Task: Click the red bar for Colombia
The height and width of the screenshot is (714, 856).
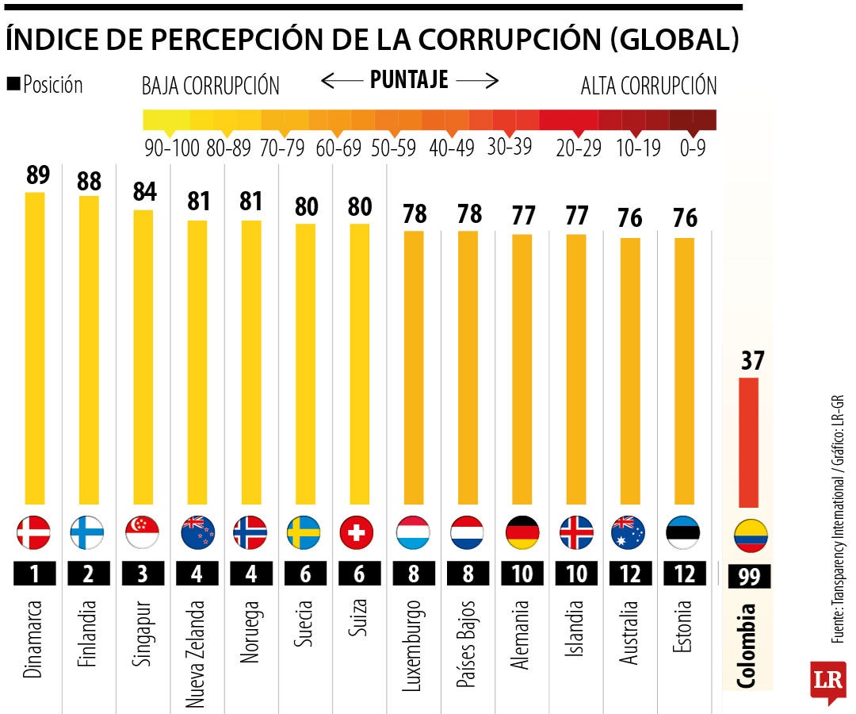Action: click(x=748, y=443)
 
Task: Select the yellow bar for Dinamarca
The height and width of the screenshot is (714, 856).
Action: click(x=35, y=349)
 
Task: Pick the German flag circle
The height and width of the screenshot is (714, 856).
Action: click(x=522, y=532)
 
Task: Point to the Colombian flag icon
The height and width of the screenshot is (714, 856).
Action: click(x=751, y=537)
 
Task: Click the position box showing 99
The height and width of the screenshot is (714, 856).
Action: click(x=749, y=577)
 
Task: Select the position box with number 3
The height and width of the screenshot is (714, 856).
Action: click(x=143, y=574)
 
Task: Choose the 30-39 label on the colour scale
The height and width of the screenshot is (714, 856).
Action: click(x=509, y=148)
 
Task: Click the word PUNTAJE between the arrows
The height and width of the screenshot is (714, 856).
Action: click(x=409, y=80)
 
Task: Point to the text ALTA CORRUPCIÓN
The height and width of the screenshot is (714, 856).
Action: click(x=648, y=86)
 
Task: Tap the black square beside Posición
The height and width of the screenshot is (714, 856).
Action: click(x=13, y=84)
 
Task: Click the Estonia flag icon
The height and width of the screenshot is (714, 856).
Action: click(x=684, y=532)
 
